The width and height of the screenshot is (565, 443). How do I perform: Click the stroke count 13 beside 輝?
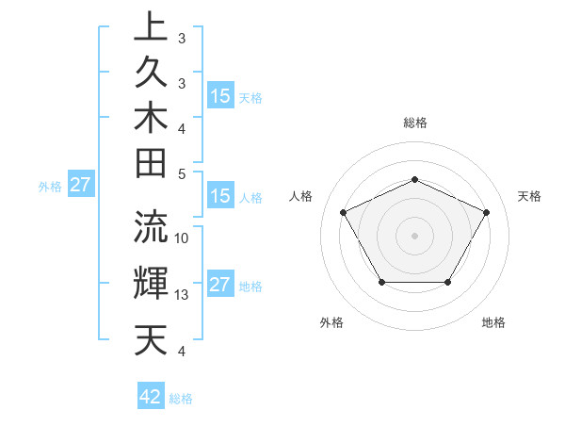183,295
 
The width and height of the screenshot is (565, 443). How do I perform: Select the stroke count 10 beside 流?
183,238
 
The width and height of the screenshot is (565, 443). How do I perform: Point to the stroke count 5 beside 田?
182,173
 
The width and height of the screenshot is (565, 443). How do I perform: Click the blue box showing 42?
151,397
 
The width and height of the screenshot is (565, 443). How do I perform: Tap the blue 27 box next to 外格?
80,185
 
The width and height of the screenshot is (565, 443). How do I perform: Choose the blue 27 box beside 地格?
220,286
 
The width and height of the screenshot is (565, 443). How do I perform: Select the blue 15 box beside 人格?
220,197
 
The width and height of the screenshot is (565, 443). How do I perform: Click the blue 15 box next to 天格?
220,95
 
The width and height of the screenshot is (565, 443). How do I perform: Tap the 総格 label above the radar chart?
415,123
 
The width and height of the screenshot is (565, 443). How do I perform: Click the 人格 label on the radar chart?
301,196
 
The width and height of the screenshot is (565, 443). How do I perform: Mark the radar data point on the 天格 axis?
486,212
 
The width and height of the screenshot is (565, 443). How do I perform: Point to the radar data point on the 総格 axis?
414,179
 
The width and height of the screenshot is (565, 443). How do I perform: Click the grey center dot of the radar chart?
414,235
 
